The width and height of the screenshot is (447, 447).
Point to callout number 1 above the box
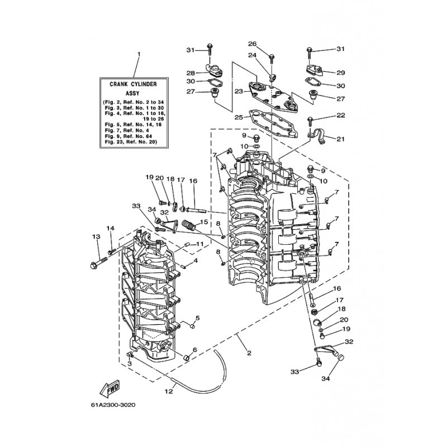(x=139, y=55)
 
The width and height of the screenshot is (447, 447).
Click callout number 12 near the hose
(x=169, y=392)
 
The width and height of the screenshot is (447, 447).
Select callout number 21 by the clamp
(x=341, y=138)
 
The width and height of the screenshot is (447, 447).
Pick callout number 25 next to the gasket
(x=239, y=118)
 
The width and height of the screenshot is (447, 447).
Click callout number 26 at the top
(x=252, y=44)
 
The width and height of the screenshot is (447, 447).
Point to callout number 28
(x=191, y=73)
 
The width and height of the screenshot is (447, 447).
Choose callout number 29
(x=341, y=73)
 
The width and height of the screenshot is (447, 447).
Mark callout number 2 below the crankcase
(x=249, y=353)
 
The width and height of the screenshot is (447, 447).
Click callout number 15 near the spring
(x=204, y=222)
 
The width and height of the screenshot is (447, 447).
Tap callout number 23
(x=239, y=91)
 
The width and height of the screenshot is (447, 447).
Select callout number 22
(x=341, y=115)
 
